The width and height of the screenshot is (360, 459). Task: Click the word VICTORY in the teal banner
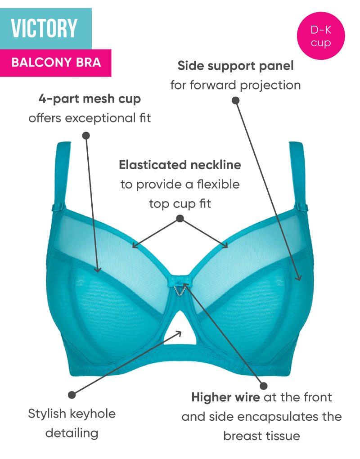(44, 28)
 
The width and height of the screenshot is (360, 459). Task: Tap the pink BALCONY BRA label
(56, 63)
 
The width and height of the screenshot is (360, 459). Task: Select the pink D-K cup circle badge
(321, 36)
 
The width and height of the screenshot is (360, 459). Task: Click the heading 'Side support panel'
(235, 66)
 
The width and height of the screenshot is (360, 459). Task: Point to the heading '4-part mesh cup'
(90, 99)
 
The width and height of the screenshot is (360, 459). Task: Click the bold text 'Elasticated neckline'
(180, 165)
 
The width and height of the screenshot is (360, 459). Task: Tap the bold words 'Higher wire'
(225, 397)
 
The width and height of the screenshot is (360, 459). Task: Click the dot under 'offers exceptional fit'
(86, 135)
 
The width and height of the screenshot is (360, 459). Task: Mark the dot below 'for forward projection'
(236, 100)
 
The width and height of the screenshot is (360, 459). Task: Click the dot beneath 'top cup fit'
(180, 218)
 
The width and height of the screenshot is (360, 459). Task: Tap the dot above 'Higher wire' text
(263, 386)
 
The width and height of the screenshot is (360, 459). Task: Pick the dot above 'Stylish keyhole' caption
(72, 395)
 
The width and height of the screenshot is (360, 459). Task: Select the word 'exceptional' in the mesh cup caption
(99, 119)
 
